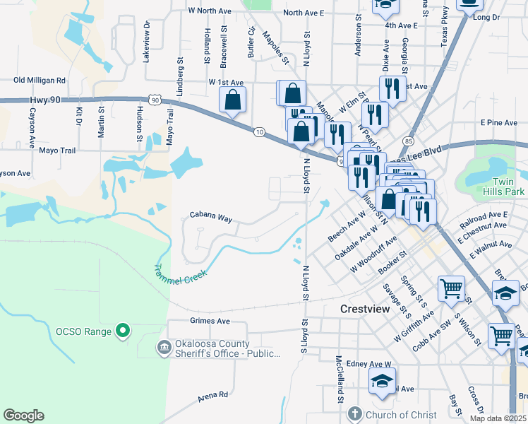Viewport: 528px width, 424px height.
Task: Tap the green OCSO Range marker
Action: (123, 330)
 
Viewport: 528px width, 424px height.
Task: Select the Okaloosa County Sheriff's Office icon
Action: (164, 348)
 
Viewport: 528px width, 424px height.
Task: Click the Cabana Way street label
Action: (211, 218)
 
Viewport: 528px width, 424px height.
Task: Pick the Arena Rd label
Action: (213, 396)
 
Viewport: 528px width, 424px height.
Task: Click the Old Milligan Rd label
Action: (40, 81)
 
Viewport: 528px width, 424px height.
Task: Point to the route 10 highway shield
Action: (259, 131)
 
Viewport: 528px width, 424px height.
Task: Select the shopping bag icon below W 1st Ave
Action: (233, 100)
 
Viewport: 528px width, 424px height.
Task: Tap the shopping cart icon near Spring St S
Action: (452, 288)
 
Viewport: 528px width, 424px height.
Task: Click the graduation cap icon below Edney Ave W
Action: (382, 382)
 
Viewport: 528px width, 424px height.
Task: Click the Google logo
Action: (23, 416)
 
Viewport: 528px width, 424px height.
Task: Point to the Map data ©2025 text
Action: (497, 418)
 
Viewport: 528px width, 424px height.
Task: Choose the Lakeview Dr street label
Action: (147, 43)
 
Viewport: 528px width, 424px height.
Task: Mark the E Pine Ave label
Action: (498, 123)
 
